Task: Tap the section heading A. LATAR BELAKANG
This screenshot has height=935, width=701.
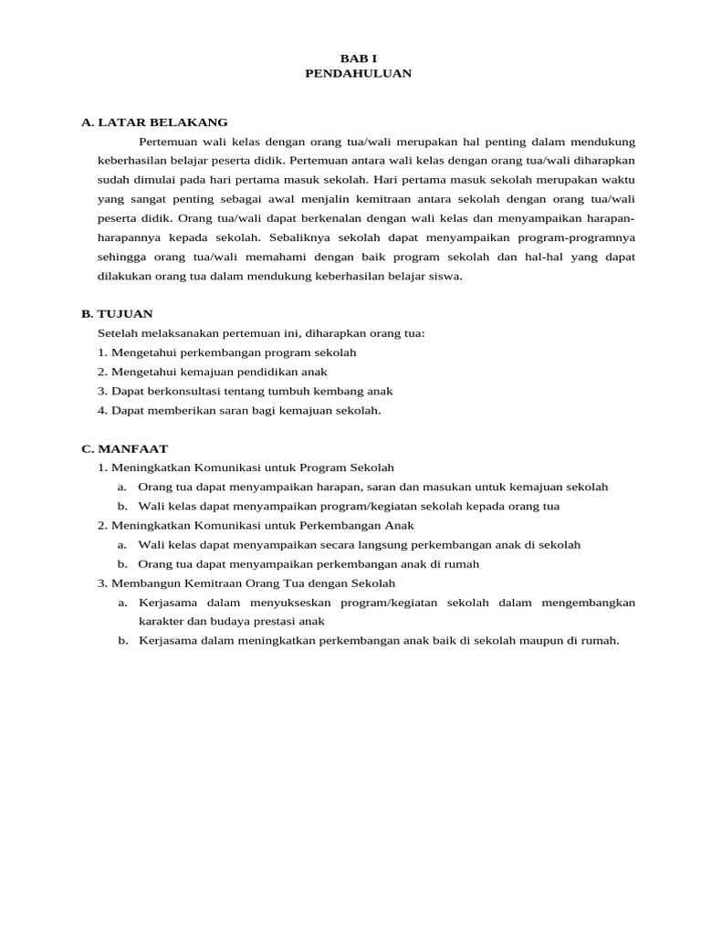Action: (x=154, y=122)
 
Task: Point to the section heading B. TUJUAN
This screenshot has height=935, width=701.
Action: (x=117, y=313)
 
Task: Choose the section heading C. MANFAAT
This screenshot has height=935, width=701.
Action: (x=124, y=448)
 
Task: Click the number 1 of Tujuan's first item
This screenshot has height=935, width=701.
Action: (x=100, y=352)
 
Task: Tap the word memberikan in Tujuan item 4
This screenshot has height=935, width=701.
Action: (x=180, y=410)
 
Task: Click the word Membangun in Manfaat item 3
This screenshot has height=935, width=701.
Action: (x=142, y=583)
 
